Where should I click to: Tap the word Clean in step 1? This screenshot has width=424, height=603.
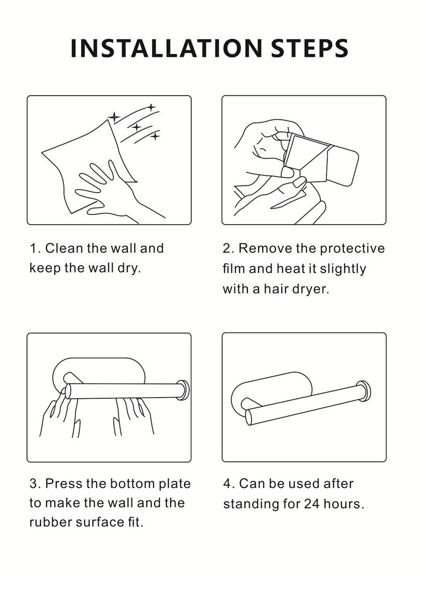[64, 248]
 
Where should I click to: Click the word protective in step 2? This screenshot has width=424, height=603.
[352, 249]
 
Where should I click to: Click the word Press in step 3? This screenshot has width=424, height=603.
[64, 483]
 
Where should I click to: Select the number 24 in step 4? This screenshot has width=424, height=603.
[312, 504]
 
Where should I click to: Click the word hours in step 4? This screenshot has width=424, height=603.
[343, 504]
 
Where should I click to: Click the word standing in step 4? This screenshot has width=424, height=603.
[251, 504]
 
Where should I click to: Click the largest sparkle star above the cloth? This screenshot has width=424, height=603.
[114, 117]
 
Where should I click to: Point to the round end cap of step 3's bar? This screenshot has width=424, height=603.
[183, 390]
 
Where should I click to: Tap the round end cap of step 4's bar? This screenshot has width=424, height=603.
[364, 391]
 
